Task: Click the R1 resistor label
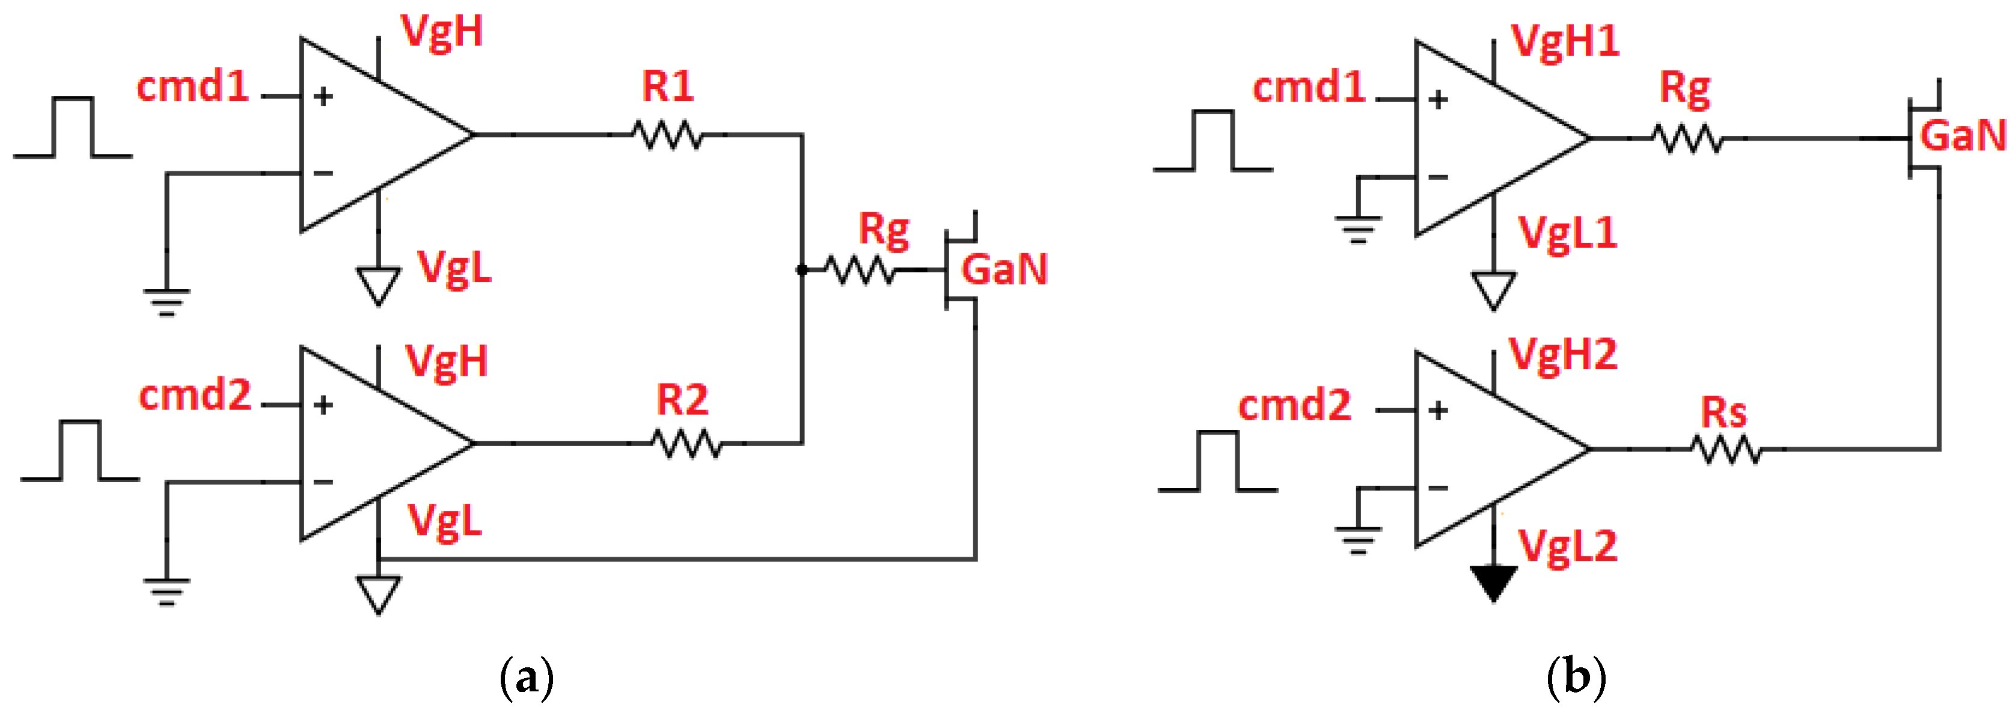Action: (667, 86)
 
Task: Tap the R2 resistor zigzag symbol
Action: (686, 444)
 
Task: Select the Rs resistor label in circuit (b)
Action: (1723, 412)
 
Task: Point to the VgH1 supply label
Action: (1564, 41)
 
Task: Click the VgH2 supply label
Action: (1562, 355)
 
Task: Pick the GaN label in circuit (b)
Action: (1963, 135)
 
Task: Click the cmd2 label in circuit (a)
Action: (195, 395)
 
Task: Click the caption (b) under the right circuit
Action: (1576, 676)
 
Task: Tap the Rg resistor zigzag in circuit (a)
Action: (860, 270)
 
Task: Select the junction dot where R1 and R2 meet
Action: (802, 270)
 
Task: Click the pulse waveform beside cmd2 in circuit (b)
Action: (1217, 462)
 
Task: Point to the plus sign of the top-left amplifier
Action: (323, 96)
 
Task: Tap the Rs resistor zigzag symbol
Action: (1726, 450)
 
